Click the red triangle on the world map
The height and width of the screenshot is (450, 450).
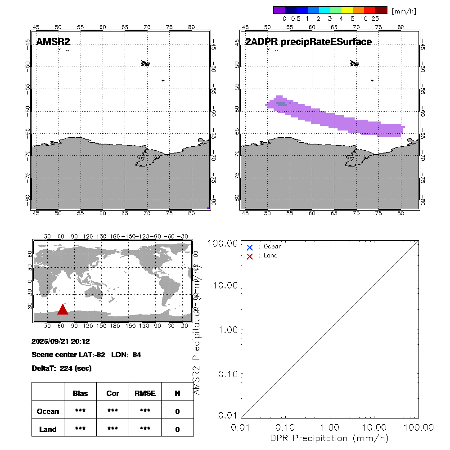pyautogui.click(x=63, y=310)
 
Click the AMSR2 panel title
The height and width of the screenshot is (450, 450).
pyautogui.click(x=53, y=42)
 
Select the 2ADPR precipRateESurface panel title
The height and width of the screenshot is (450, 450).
pyautogui.click(x=308, y=42)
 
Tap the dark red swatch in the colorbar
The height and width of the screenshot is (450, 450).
pyautogui.click(x=381, y=10)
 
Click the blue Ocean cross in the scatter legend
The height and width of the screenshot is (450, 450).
pyautogui.click(x=250, y=247)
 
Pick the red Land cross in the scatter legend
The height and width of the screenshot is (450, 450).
pyautogui.click(x=250, y=256)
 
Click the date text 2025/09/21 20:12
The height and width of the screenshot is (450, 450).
pyautogui.click(x=61, y=342)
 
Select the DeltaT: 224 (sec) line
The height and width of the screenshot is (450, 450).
pyautogui.click(x=62, y=369)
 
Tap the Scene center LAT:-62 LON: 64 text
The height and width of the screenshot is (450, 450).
pyautogui.click(x=86, y=355)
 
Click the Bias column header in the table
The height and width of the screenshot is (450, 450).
pyautogui.click(x=80, y=393)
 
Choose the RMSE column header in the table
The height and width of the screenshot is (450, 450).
pyautogui.click(x=145, y=393)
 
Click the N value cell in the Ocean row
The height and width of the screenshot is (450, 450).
pyautogui.click(x=177, y=411)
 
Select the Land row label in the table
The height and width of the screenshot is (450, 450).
pyautogui.click(x=48, y=429)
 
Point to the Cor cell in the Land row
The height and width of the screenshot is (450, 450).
pyautogui.click(x=112, y=429)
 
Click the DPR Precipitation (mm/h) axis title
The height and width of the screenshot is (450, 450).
pyautogui.click(x=329, y=438)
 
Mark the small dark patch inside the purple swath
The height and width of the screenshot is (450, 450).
pyautogui.click(x=281, y=104)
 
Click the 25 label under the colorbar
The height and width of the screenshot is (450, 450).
pyautogui.click(x=375, y=18)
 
